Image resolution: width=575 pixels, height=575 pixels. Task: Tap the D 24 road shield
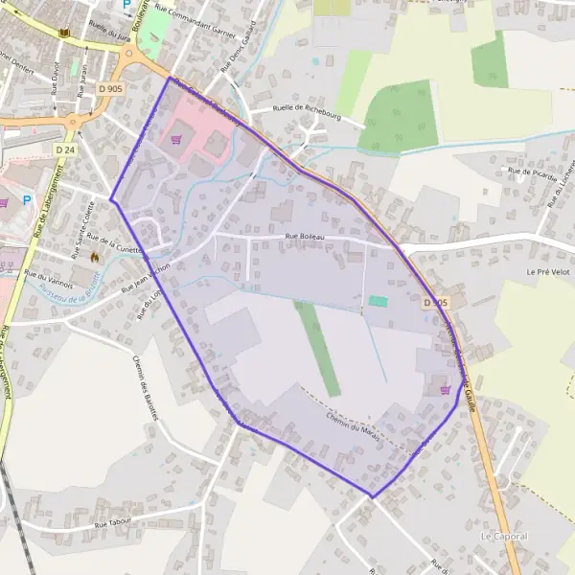(x=64, y=150)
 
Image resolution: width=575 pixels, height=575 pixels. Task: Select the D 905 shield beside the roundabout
(x=110, y=88)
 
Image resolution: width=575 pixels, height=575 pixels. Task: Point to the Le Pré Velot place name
(x=549, y=272)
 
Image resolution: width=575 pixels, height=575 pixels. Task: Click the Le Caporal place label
(x=504, y=536)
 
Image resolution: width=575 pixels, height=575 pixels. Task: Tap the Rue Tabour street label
(x=113, y=524)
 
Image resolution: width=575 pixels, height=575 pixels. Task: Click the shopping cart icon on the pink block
(x=176, y=139)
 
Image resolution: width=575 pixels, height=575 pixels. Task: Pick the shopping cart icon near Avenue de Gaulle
(x=444, y=389)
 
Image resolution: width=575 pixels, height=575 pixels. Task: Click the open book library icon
(x=64, y=35)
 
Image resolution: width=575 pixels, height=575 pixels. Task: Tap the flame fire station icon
(x=94, y=257)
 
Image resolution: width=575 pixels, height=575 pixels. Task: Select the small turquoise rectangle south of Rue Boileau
(x=379, y=302)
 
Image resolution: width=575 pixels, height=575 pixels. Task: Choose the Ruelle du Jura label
(x=108, y=31)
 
